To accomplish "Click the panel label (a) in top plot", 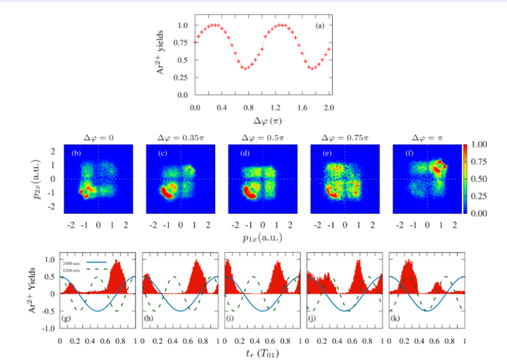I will [319, 27].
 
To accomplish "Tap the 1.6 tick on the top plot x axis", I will [302, 107].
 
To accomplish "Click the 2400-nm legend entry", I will [73, 263].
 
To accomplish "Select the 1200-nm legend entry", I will [73, 270].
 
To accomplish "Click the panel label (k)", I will [395, 319].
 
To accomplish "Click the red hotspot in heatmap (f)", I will [440, 166].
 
